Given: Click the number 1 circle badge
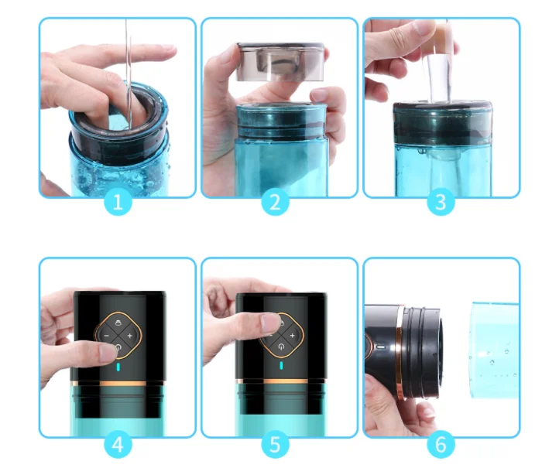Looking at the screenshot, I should pyautogui.click(x=118, y=203).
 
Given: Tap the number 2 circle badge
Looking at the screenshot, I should pyautogui.click(x=274, y=203).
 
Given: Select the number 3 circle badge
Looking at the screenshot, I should pyautogui.click(x=440, y=203).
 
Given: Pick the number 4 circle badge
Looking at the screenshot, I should pyautogui.click(x=118, y=445).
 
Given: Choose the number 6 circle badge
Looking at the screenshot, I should pyautogui.click(x=440, y=445).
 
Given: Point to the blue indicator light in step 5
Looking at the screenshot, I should pyautogui.click(x=281, y=365).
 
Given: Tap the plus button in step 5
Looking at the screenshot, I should pyautogui.click(x=292, y=336).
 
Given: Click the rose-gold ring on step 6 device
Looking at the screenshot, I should pyautogui.click(x=400, y=352).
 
